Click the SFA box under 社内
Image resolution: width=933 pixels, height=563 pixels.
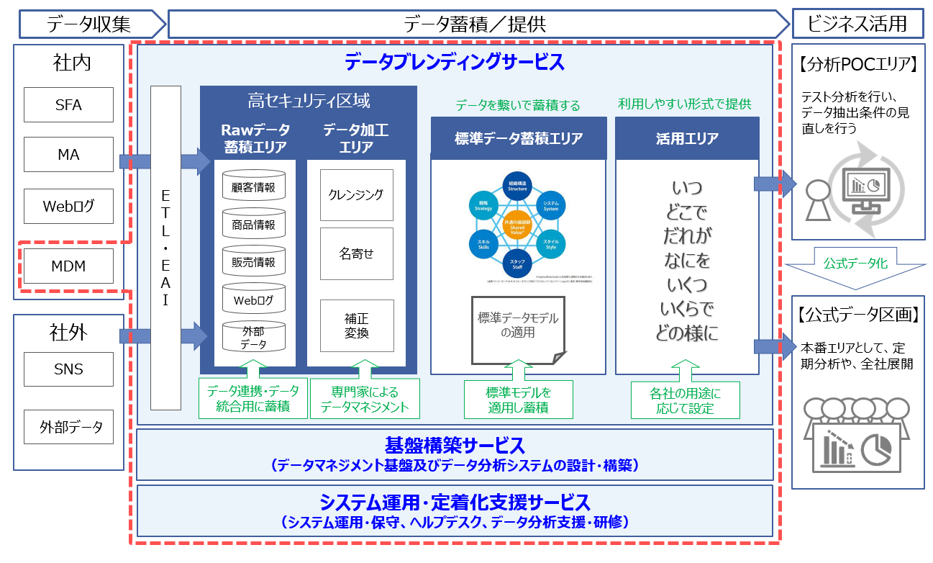[x=69, y=105]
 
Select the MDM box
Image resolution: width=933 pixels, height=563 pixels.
[x=69, y=266]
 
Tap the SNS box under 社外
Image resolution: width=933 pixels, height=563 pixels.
[x=69, y=369]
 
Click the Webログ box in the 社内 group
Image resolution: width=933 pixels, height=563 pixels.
[x=69, y=206]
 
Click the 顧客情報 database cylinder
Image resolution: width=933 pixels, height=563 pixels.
[x=254, y=186]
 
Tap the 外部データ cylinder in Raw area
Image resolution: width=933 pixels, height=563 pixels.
[x=254, y=336]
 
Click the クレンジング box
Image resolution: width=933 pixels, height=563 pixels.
[x=356, y=195]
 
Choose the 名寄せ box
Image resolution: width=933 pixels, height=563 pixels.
[x=356, y=253]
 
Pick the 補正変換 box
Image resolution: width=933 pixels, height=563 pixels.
[x=356, y=325]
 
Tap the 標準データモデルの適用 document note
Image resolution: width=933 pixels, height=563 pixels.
[x=518, y=327]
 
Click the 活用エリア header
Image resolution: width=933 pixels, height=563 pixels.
[x=687, y=138]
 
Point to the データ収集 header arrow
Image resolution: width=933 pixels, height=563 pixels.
[x=89, y=24]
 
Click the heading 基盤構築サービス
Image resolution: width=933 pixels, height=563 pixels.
[x=455, y=445]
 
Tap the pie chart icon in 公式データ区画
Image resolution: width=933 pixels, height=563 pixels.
[x=875, y=449]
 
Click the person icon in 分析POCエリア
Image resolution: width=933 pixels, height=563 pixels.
[x=816, y=199]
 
